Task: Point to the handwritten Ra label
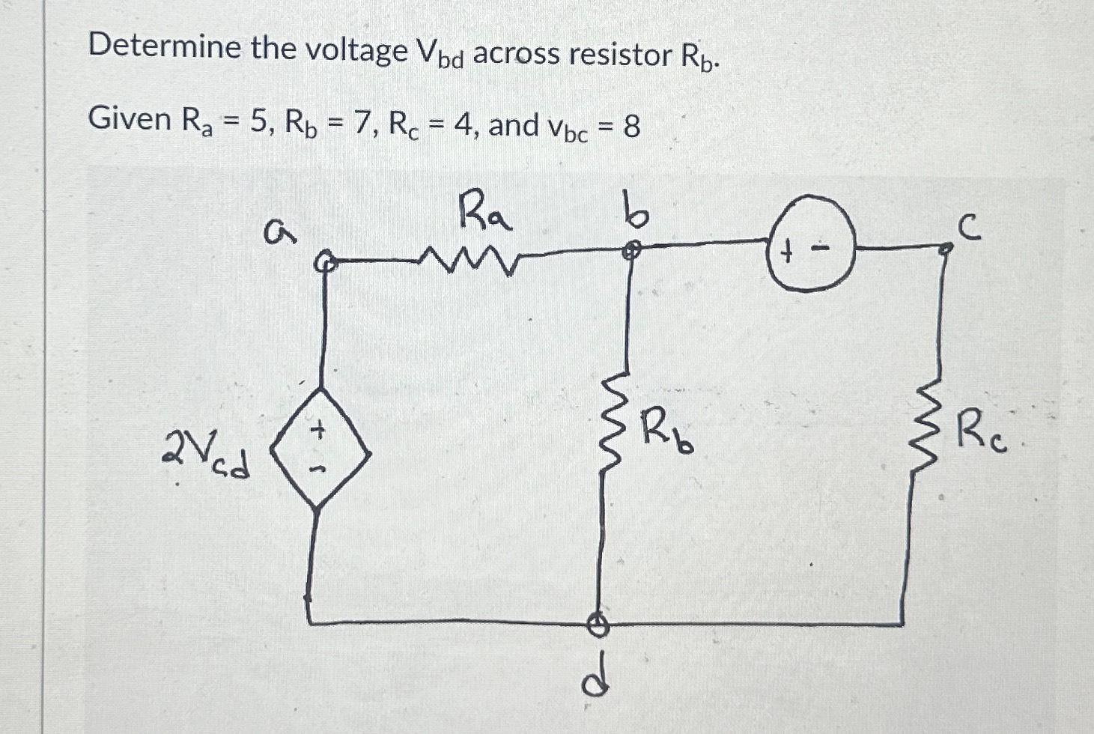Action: (x=485, y=211)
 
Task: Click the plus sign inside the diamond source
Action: (x=319, y=431)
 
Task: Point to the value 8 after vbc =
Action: (x=631, y=127)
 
